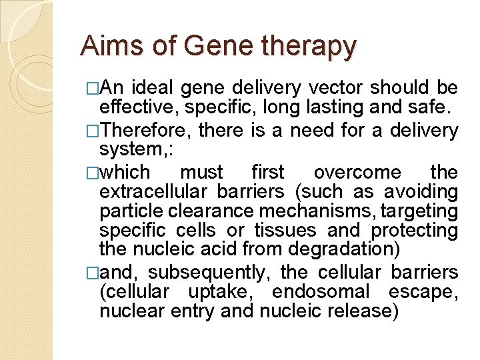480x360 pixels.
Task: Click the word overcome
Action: tap(357, 173)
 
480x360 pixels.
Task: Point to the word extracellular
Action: tap(155, 193)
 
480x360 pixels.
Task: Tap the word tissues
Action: tap(287, 231)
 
